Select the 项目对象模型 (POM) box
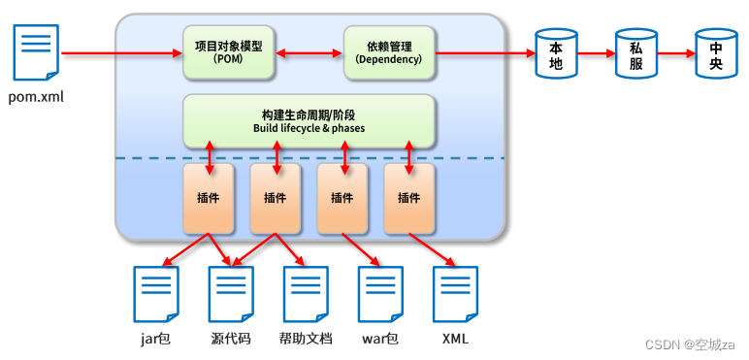coord(229,52)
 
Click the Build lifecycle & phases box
coord(309,121)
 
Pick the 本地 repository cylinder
coord(557,54)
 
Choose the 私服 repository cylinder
coord(636,54)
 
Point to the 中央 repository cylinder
coord(716,54)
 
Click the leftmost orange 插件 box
coord(208,199)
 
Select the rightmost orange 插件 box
coord(408,199)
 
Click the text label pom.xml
coord(36,97)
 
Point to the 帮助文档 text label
coord(306,339)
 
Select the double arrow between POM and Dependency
coord(309,52)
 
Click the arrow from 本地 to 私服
coord(596,53)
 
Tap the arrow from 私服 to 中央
coord(675,53)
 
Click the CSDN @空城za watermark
coord(691,344)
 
